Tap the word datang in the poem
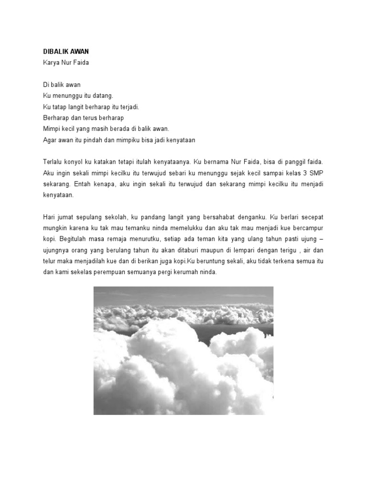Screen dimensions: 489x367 pyautogui.click(x=102, y=96)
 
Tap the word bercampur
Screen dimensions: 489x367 pyautogui.click(x=313, y=228)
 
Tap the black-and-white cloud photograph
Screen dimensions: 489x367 pyautogui.click(x=183, y=350)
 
